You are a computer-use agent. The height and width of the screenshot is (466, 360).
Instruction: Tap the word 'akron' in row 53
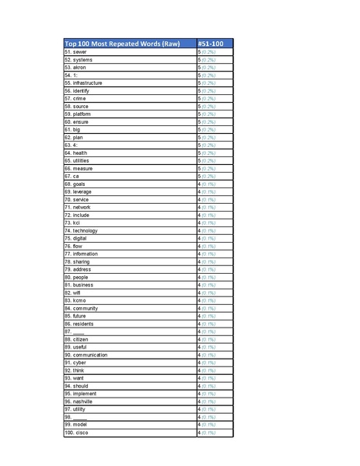pyautogui.click(x=82, y=68)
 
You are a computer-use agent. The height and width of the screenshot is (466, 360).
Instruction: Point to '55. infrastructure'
pyautogui.click(x=83, y=83)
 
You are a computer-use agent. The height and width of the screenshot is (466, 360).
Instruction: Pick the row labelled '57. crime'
pyautogui.click(x=75, y=99)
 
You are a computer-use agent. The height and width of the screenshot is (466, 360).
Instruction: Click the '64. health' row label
pyautogui.click(x=76, y=153)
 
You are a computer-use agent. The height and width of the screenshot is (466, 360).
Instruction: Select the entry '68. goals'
pyautogui.click(x=75, y=184)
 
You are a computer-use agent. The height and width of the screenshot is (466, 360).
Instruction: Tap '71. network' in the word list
pyautogui.click(x=78, y=208)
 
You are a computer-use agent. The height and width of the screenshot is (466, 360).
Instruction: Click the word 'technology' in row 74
pyautogui.click(x=86, y=231)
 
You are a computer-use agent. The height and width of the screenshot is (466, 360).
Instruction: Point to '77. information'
pyautogui.click(x=81, y=254)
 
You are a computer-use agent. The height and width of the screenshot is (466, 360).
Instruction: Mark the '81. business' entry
pyautogui.click(x=79, y=285)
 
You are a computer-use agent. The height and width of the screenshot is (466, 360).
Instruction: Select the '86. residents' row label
pyautogui.click(x=79, y=324)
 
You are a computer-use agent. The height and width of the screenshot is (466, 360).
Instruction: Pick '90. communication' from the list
pyautogui.click(x=86, y=355)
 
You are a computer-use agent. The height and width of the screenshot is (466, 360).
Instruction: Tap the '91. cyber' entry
pyautogui.click(x=75, y=363)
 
